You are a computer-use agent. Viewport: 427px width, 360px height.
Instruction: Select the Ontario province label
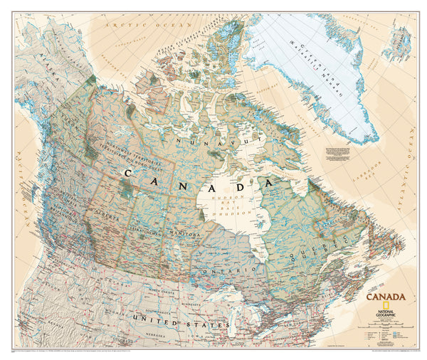pyautogui.click(x=228, y=271)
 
